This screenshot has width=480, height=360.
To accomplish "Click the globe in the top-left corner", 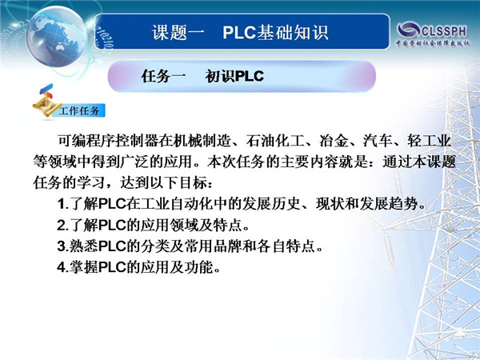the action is click(56, 37).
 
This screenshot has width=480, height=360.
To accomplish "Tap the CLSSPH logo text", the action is click(444, 31).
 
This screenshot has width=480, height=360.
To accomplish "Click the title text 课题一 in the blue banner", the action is click(178, 33).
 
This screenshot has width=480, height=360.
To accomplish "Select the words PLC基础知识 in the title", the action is click(275, 33).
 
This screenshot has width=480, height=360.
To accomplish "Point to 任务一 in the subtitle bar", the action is click(163, 76).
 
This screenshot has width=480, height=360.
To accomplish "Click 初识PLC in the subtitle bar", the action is click(234, 76).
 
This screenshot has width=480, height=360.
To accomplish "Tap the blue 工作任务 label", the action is click(79, 110).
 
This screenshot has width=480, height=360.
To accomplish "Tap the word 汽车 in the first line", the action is click(377, 141).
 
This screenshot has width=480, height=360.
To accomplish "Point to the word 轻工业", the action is click(429, 141).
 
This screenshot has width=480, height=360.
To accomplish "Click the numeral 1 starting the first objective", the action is click(62, 204).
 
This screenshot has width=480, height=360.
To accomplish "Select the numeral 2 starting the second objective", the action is click(62, 226).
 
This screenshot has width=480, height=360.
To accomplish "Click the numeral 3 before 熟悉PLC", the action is click(62, 246).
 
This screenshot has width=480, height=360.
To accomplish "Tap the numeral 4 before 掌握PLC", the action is click(62, 267).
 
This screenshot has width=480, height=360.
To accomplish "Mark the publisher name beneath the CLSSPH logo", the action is click(433, 43).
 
